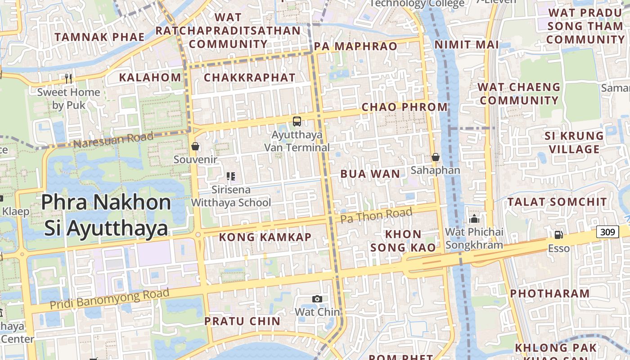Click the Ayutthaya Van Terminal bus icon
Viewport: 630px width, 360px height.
[x=297, y=121]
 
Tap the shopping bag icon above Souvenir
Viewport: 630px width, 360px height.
[x=195, y=146]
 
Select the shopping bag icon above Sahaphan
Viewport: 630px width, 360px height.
[x=435, y=157]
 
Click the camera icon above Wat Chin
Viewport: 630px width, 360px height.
[x=317, y=299]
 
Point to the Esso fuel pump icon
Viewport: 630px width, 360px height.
[x=558, y=234]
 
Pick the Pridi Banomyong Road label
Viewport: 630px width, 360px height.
[x=109, y=299]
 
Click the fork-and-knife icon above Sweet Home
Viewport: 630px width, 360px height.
[x=68, y=79]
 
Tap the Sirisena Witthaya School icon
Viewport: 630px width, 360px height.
[x=231, y=176]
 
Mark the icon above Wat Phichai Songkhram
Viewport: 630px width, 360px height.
[x=474, y=219]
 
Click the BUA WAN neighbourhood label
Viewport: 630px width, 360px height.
[x=370, y=174]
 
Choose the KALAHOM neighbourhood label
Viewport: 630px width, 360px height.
[x=150, y=77]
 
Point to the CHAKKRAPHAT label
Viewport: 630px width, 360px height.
[x=250, y=77]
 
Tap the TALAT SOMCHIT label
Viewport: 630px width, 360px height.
[x=557, y=202]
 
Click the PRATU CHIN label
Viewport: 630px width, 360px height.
[x=242, y=321]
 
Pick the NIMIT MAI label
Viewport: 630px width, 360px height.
[x=467, y=45]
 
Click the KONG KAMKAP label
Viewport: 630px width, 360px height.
[x=265, y=237]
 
